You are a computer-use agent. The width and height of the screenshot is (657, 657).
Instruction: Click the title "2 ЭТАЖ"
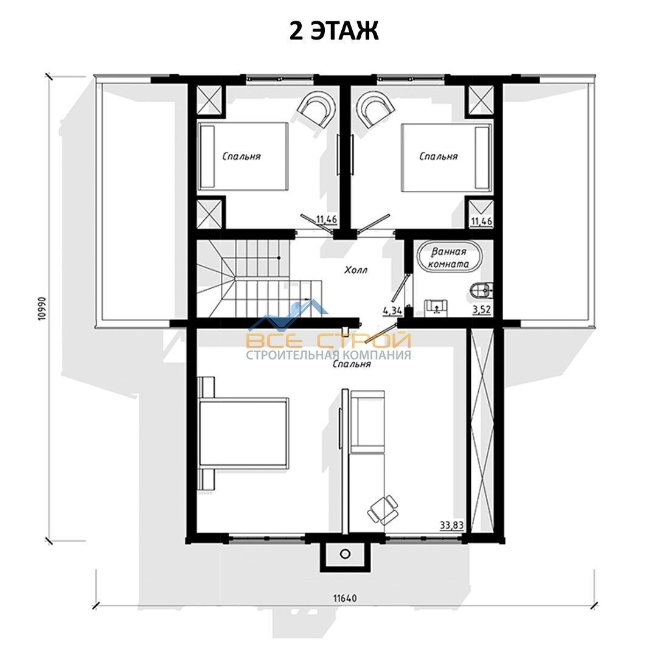(x=334, y=31)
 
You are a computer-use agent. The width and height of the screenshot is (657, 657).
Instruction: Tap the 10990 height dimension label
(x=43, y=309)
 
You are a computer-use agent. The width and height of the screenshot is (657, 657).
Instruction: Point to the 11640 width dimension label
(x=346, y=599)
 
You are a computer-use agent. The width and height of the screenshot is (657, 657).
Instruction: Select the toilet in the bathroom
(x=481, y=290)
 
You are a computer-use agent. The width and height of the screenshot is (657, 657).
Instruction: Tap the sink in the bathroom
(x=436, y=307)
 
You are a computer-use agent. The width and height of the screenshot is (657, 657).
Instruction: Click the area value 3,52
(x=481, y=310)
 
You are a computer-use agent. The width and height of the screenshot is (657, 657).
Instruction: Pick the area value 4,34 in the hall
(x=392, y=310)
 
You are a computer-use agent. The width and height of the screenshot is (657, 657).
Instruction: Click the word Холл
(x=356, y=270)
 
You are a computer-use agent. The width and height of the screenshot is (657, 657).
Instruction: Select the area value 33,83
(x=451, y=525)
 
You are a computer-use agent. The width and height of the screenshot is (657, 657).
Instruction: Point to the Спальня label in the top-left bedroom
(x=242, y=156)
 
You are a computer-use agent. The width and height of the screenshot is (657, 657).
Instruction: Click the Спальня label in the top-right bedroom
(x=438, y=156)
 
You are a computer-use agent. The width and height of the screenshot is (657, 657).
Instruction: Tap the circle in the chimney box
(x=345, y=554)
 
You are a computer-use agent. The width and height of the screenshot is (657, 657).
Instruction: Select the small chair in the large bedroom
(x=383, y=510)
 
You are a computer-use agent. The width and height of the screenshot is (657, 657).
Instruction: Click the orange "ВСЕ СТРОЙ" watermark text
(x=328, y=340)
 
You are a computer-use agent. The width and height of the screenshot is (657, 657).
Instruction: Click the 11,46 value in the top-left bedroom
(x=327, y=219)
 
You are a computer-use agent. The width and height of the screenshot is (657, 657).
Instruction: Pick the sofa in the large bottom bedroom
(x=367, y=422)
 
